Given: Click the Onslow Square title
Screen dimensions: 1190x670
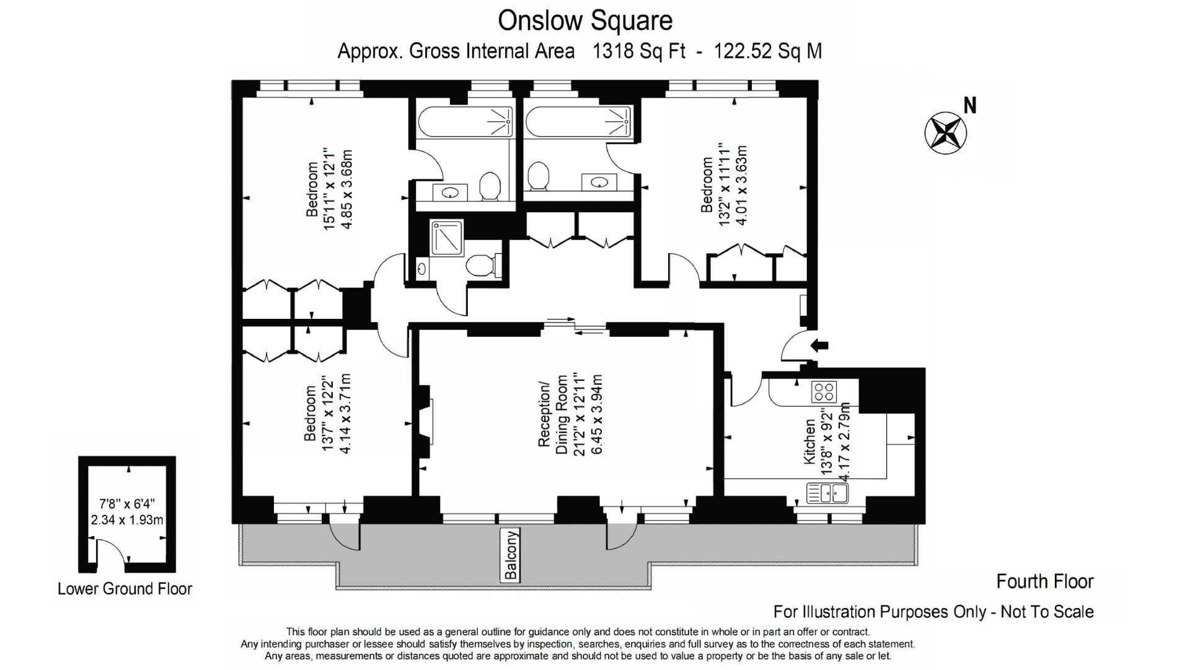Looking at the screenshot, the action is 585,20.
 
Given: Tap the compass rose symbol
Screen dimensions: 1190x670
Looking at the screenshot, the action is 946,133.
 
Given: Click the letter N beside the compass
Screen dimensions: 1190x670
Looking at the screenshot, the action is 970,106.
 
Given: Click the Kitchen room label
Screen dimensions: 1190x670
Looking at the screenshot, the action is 809,442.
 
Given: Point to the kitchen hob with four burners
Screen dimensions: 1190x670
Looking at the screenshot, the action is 824,391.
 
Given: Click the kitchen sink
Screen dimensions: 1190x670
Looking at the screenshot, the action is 827,494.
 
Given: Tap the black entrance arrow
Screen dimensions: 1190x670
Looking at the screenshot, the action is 819,346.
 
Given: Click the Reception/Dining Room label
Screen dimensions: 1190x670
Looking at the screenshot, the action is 553,415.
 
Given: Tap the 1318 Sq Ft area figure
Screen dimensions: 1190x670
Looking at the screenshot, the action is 639,51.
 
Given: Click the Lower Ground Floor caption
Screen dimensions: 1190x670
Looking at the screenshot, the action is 125,589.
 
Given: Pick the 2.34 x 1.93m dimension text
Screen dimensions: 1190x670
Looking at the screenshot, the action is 127,520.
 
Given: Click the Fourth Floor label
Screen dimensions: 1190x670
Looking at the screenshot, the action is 1045,581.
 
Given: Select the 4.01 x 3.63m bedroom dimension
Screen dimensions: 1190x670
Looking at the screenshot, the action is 741,185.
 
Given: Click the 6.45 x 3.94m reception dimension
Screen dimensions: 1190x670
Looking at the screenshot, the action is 596,415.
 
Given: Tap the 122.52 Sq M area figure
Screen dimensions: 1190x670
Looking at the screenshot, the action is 769,51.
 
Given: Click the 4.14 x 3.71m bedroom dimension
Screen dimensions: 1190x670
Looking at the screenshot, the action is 345,414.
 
